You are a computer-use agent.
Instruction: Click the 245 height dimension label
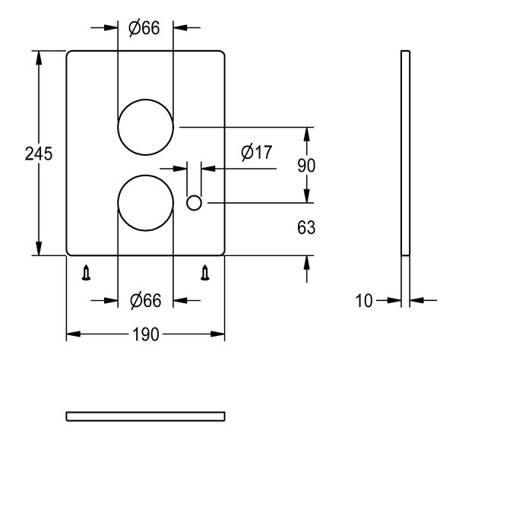coord(39,154)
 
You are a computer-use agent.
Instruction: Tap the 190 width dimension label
coord(146,334)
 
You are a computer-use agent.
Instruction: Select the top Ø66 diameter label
coord(144,28)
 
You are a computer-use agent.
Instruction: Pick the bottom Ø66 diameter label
coord(146,301)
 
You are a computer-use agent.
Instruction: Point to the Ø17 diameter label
coord(257,152)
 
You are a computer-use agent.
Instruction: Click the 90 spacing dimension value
coord(306,166)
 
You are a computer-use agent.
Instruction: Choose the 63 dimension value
coord(306,227)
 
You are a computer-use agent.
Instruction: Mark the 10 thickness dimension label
coord(364,301)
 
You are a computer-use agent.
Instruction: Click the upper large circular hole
coord(146,127)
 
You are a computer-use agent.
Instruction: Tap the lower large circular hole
coord(146,203)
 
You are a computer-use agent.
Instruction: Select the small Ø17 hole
coord(194,203)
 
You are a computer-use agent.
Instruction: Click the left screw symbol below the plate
coord(87,272)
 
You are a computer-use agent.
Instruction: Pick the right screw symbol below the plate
coord(204,272)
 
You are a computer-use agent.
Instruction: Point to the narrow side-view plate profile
coord(405,153)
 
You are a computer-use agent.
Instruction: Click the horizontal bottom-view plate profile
coord(146,416)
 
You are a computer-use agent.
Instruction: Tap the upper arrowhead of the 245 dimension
coord(39,58)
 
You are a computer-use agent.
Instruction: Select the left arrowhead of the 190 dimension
coord(73,334)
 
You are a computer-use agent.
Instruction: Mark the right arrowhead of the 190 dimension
coord(217,334)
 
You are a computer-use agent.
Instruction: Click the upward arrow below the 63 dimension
coord(307,269)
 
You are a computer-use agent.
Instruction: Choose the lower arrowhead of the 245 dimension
coord(39,249)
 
